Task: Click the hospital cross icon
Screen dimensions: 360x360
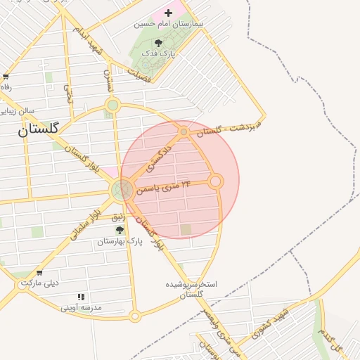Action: coord(168,13)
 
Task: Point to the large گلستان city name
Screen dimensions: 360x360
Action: coord(39,129)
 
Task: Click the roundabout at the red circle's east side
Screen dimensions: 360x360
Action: coord(216,181)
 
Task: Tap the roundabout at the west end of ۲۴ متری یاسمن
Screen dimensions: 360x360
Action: coord(122,188)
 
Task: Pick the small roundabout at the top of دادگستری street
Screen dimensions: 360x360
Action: coord(184,131)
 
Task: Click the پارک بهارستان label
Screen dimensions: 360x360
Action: coord(120,241)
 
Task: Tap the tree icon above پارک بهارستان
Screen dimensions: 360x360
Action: coord(120,230)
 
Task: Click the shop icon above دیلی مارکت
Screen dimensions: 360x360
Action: coord(39,274)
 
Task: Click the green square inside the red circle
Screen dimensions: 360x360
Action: coord(186,229)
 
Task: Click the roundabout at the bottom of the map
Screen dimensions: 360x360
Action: coord(134,316)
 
